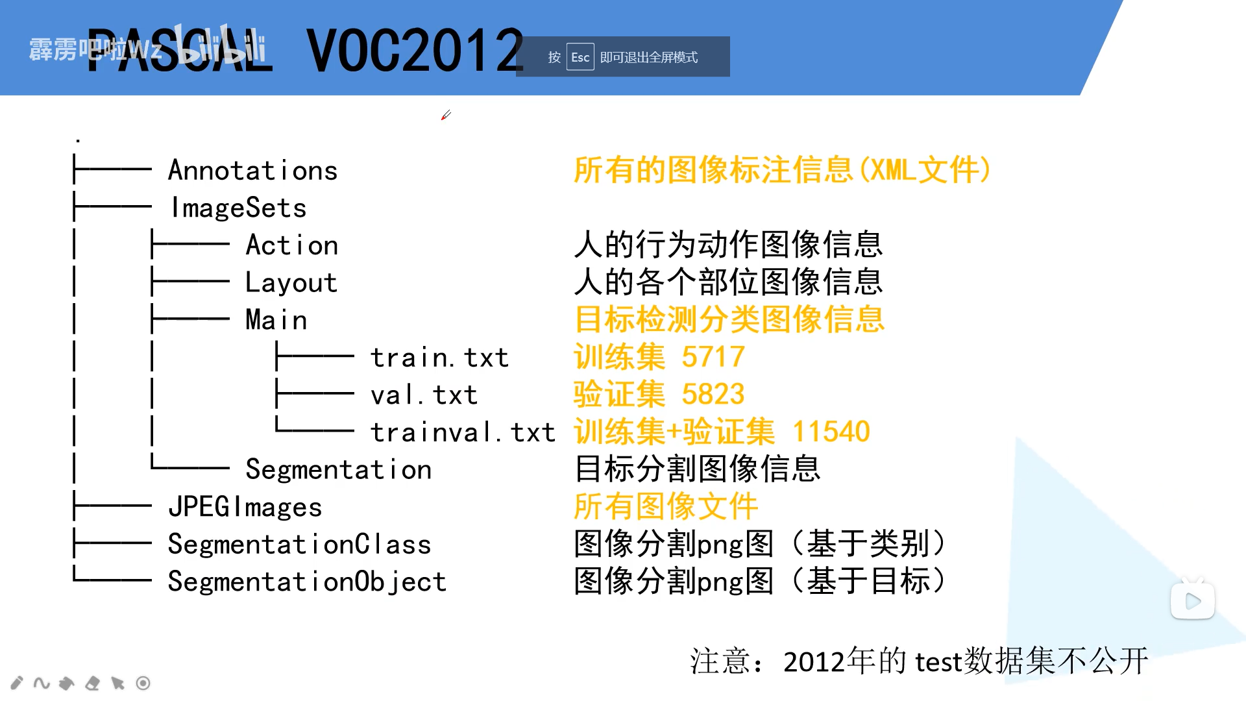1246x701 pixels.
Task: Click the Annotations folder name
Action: click(x=253, y=171)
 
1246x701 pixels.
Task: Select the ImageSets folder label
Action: click(x=238, y=208)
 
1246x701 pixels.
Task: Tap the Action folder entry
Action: click(x=292, y=245)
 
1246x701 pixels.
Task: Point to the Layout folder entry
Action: click(x=291, y=283)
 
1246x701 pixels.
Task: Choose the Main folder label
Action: click(x=276, y=320)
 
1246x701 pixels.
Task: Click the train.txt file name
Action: click(x=439, y=358)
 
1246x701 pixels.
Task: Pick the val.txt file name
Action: click(x=424, y=395)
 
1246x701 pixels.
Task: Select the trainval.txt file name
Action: click(x=463, y=432)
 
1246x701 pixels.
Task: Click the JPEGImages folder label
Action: click(x=245, y=507)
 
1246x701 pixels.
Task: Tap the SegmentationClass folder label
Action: click(x=300, y=544)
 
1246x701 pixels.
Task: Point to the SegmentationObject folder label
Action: click(x=308, y=582)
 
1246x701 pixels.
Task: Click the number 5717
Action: click(x=713, y=357)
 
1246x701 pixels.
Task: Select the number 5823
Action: click(x=713, y=394)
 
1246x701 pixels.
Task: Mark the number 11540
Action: click(x=831, y=432)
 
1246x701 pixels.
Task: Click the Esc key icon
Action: click(x=580, y=57)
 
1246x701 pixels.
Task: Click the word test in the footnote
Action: click(x=938, y=662)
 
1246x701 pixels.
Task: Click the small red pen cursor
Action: click(x=446, y=115)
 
